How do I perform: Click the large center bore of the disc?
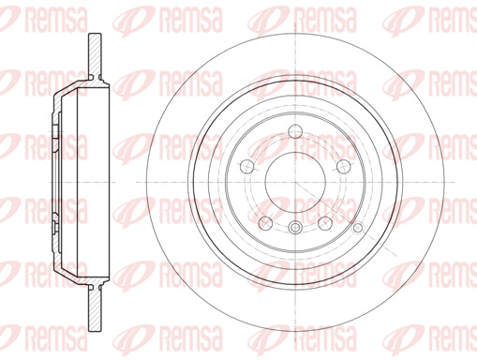pos(295,183)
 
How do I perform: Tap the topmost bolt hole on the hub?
pos(295,131)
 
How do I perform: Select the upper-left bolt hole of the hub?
pos(247,166)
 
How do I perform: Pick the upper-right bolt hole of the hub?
pos(344,166)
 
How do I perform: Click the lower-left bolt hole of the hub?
pos(265,223)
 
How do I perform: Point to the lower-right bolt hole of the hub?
pos(325,223)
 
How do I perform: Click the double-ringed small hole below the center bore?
pos(295,227)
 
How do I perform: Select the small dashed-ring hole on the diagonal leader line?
pos(358,228)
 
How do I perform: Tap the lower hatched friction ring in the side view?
pos(95,307)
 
